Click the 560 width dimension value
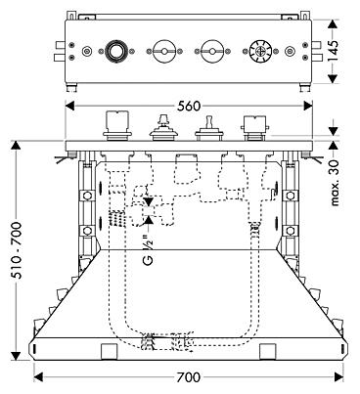point(189,106)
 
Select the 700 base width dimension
point(189,377)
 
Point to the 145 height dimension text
point(334,51)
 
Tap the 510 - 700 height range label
point(17,250)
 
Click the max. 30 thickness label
point(335,182)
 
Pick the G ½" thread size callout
point(149,247)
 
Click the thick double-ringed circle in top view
point(114,51)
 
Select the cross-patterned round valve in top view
point(260,51)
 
